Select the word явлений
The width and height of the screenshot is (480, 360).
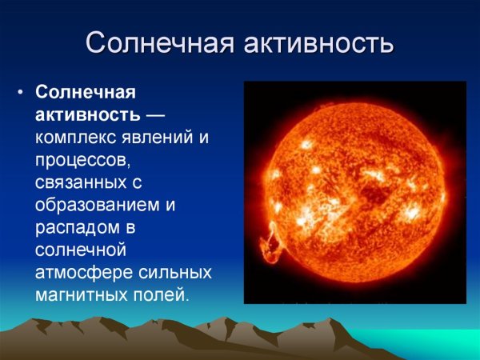(158, 138)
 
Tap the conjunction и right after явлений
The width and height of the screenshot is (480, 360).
(203, 138)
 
